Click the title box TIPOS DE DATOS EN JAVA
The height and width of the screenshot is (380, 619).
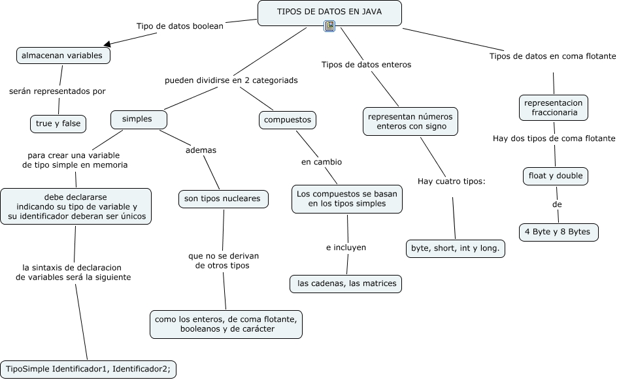pos(329,12)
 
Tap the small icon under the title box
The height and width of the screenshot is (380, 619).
pos(329,26)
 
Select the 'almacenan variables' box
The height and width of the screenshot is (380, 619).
pos(63,56)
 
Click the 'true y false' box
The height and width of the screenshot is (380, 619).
pos(58,123)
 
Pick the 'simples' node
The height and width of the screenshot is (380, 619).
pos(138,119)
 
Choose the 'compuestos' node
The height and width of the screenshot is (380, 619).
pos(288,120)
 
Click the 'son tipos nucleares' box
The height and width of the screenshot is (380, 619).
pos(223,199)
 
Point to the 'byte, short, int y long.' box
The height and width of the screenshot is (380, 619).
pos(455,248)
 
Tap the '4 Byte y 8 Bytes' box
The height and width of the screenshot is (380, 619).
pos(558,232)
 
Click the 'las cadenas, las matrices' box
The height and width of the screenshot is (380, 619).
pos(346,284)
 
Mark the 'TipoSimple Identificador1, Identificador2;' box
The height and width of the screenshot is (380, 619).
pos(88,369)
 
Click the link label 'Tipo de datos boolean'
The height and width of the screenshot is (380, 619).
pos(180,26)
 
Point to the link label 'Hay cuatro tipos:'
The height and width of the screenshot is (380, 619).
pos(451,181)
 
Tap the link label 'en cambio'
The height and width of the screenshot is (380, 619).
pos(321,162)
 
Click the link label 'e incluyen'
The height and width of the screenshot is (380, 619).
pos(346,247)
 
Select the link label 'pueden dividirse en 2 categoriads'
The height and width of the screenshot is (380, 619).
pos(231,80)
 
